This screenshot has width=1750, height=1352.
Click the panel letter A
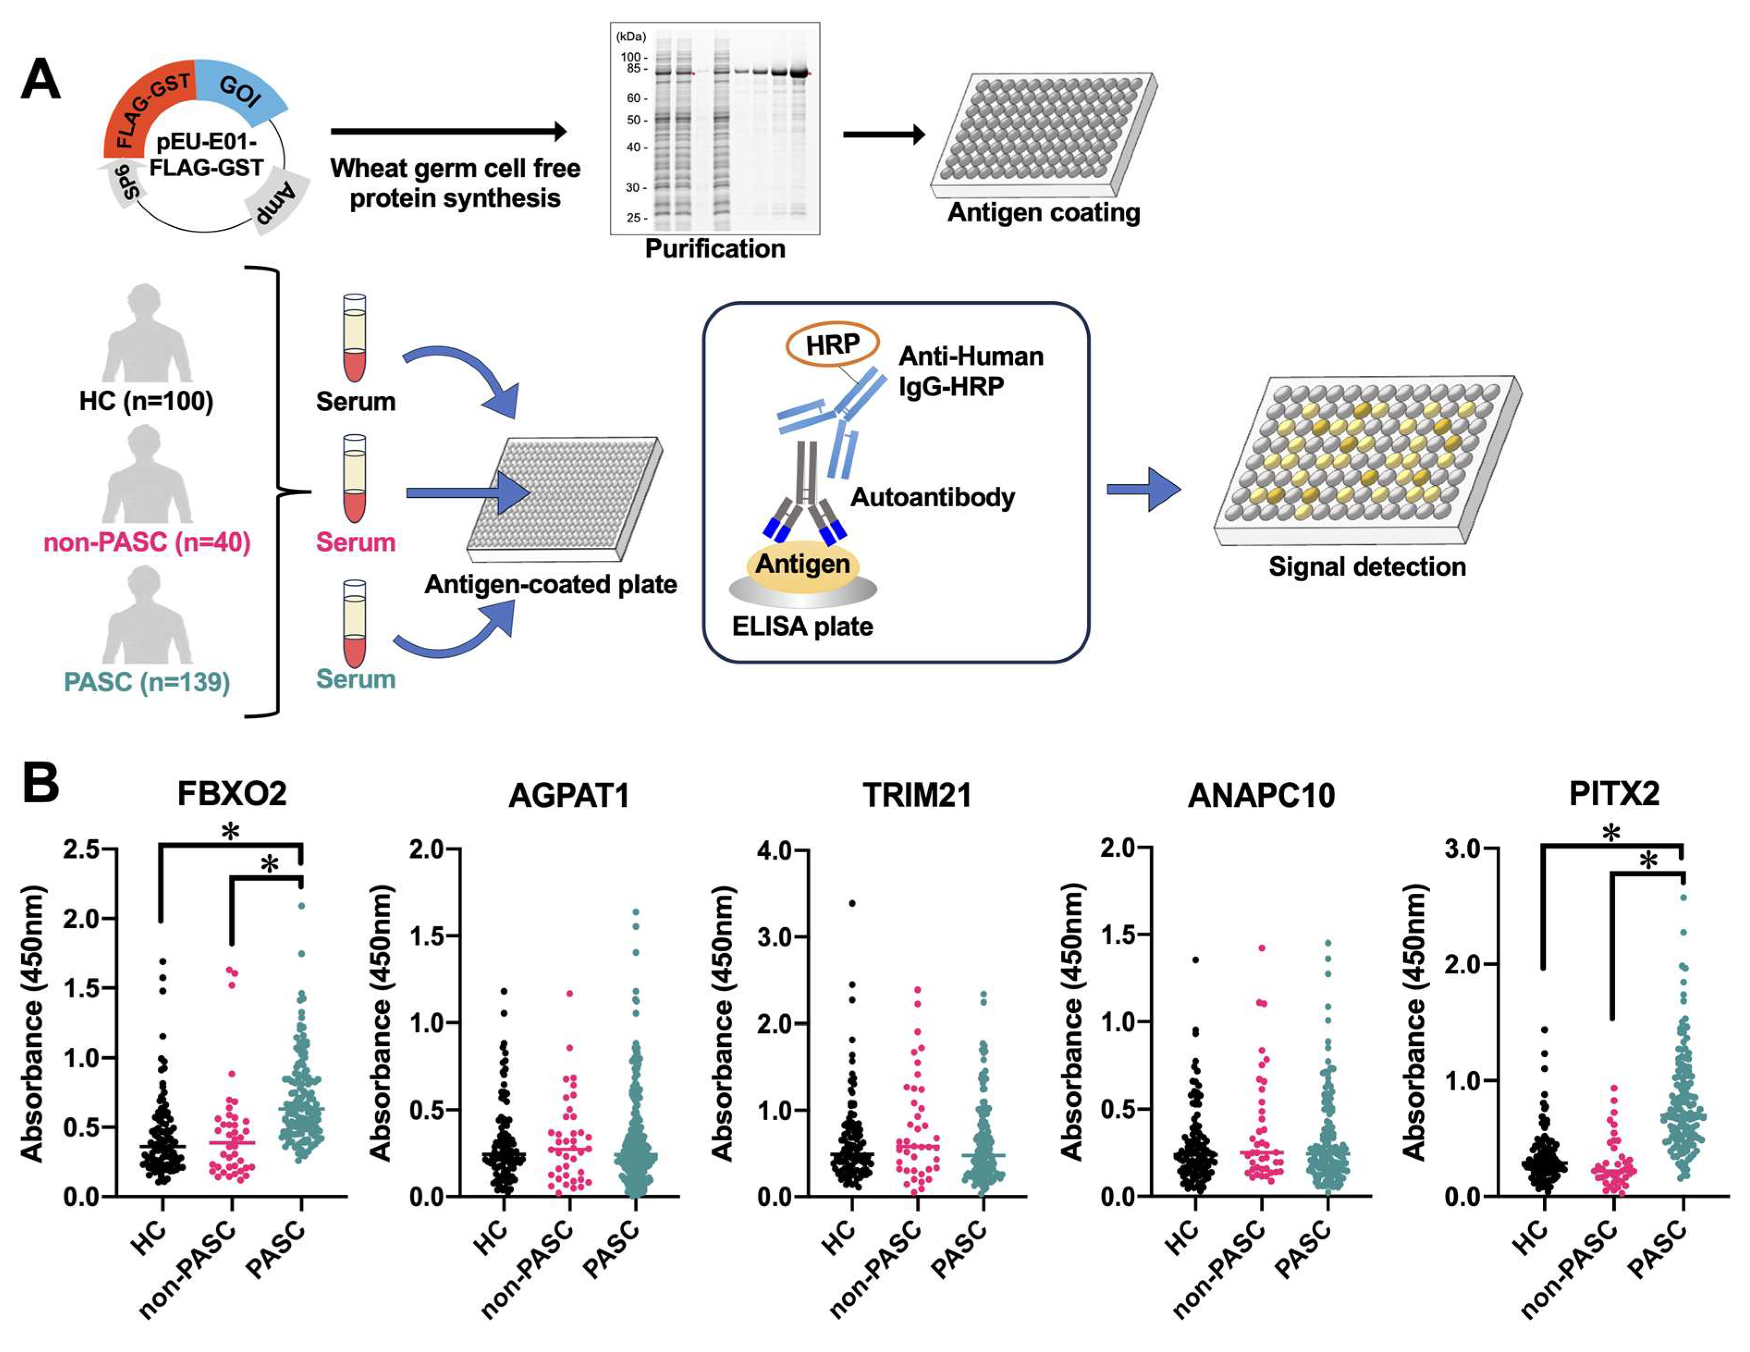(40, 80)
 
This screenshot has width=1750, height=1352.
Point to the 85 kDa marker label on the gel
(632, 69)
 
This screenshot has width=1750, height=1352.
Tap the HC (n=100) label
(146, 401)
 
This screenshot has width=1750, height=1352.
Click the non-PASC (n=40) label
(147, 542)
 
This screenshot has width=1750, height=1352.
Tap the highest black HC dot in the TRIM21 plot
(852, 903)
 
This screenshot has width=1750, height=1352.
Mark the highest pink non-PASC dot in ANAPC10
(1261, 948)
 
